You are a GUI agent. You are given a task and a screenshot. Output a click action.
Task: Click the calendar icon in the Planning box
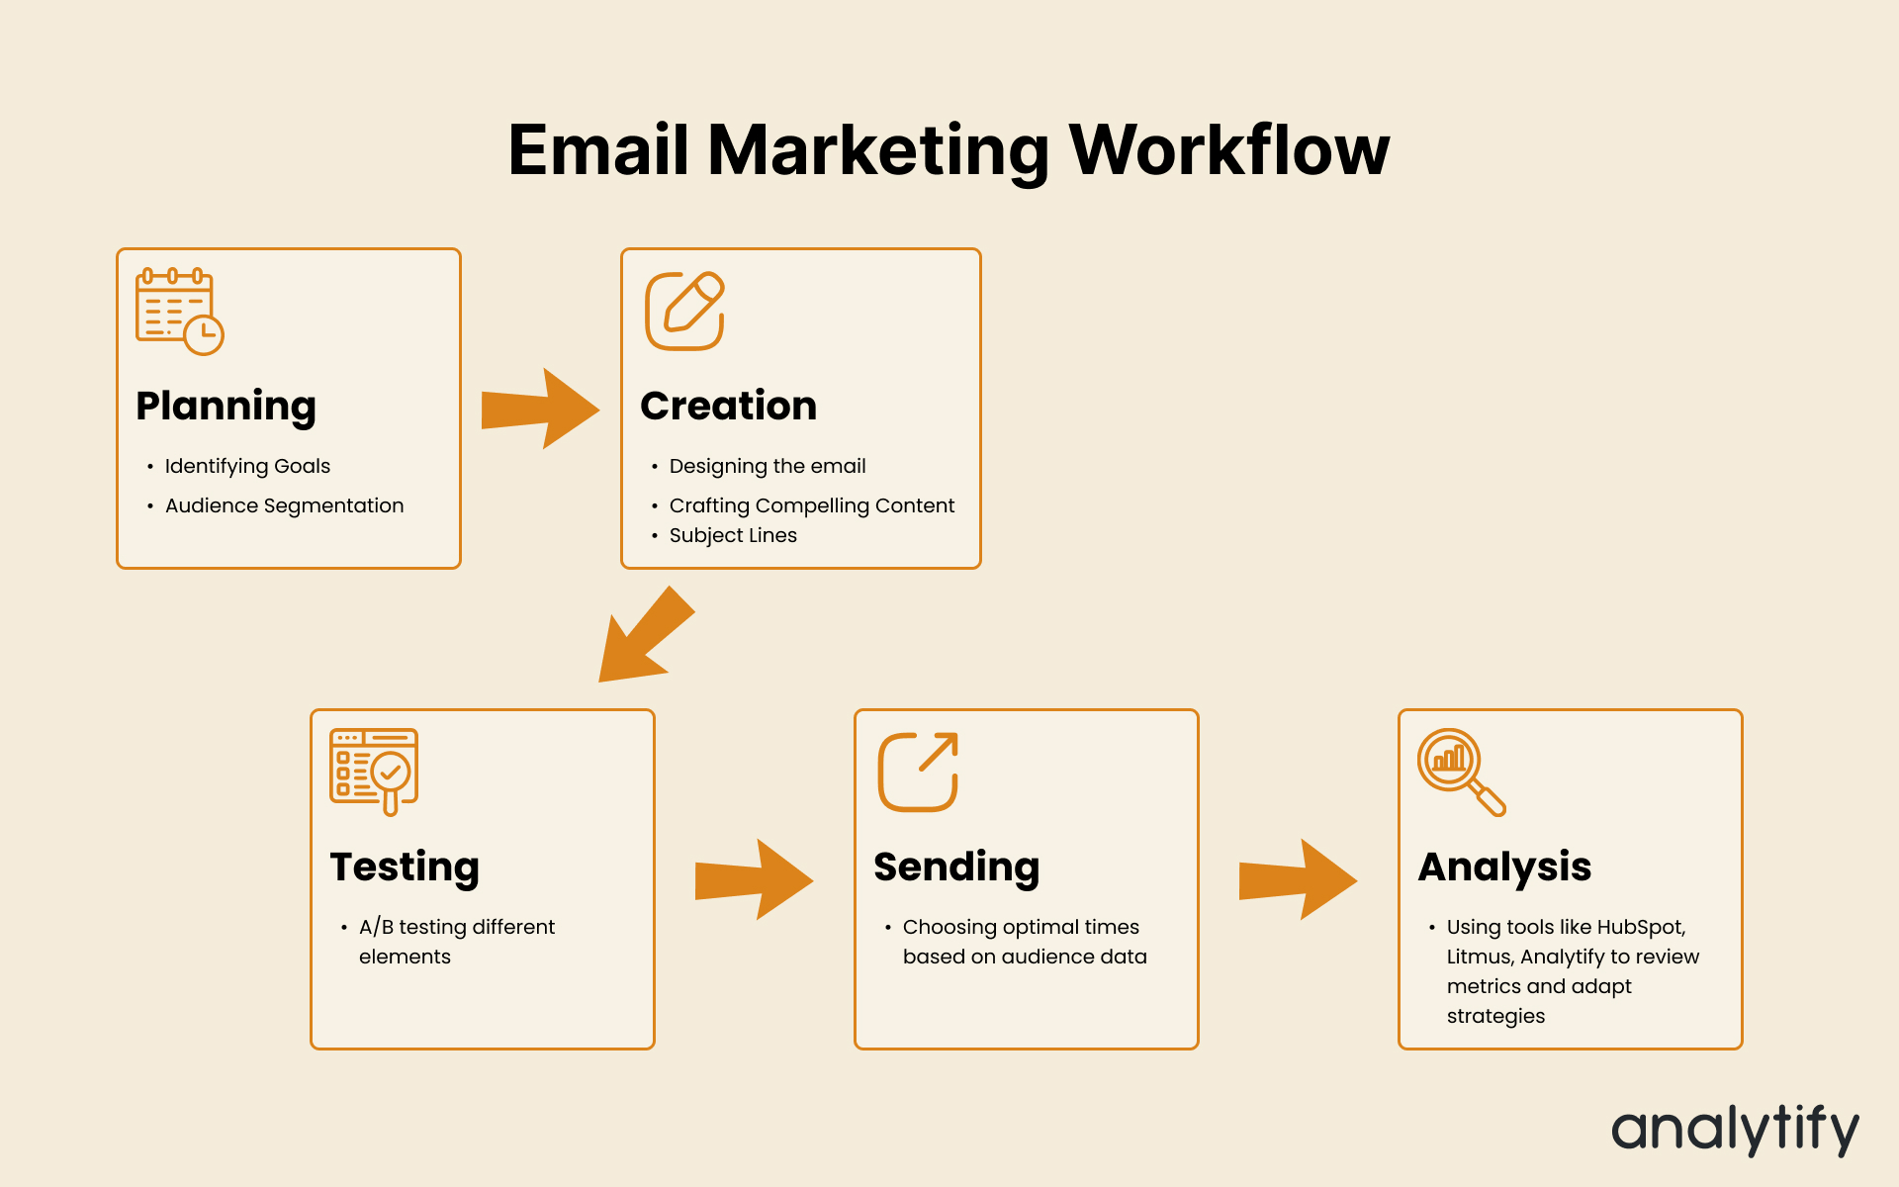(x=179, y=311)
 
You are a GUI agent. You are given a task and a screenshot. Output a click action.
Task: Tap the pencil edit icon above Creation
(x=684, y=311)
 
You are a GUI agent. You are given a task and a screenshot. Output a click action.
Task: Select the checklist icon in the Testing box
(x=374, y=772)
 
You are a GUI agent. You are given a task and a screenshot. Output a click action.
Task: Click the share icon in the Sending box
(x=918, y=772)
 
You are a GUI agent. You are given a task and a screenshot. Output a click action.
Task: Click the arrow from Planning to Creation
(x=540, y=409)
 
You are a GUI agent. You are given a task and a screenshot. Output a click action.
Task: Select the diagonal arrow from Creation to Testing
(x=647, y=634)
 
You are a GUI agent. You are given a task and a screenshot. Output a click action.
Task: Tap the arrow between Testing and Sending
(x=754, y=879)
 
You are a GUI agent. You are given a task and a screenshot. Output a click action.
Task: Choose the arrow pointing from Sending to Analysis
(x=1298, y=879)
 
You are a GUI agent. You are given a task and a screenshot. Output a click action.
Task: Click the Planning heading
(x=226, y=407)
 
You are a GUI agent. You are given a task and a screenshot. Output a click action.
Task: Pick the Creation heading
(x=729, y=406)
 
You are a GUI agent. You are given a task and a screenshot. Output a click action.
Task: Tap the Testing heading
(x=405, y=867)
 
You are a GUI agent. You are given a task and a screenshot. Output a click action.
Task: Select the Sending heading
(x=956, y=867)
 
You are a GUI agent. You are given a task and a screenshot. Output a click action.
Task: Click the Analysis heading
(x=1504, y=867)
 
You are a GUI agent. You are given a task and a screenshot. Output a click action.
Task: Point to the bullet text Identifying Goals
(x=247, y=466)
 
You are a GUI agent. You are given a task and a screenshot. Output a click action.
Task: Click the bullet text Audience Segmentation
(x=285, y=505)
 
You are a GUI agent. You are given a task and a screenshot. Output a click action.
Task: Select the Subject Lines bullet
(x=733, y=535)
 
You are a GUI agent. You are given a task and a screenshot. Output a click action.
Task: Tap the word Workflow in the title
(x=1229, y=150)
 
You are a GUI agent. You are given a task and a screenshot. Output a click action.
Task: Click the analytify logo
(x=1736, y=1129)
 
